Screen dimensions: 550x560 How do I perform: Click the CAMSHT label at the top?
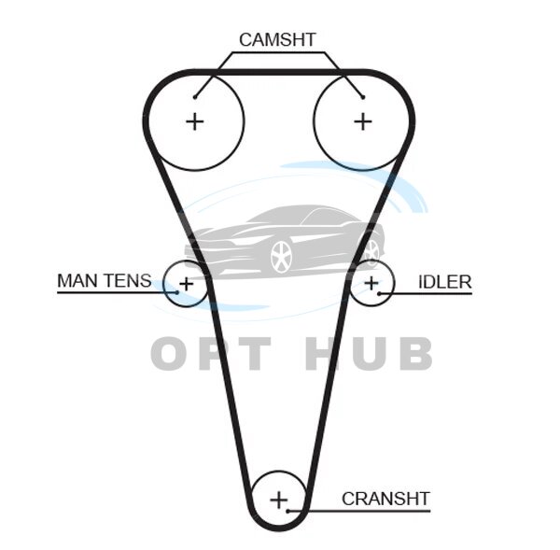[x=277, y=39]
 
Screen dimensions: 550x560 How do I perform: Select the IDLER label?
[x=445, y=282]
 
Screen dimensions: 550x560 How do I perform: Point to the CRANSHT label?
[x=385, y=498]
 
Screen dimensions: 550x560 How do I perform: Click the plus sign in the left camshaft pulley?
[x=195, y=120]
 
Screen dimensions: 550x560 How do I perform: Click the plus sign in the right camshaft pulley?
[x=362, y=120]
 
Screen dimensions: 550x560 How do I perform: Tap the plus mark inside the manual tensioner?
[x=186, y=282]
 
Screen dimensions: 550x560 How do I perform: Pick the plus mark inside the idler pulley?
[x=372, y=282]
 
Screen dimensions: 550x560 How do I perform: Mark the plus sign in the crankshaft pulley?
[x=278, y=500]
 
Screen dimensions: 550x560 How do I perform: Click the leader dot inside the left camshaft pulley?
[x=195, y=95]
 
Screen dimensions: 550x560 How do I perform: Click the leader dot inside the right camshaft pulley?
[x=362, y=95]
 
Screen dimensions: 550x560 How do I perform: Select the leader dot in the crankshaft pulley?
[x=290, y=510]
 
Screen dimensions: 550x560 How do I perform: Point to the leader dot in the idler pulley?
[x=382, y=293]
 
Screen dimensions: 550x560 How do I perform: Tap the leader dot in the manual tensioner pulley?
[x=175, y=292]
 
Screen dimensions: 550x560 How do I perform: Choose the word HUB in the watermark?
[x=369, y=354]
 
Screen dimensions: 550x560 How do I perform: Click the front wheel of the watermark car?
[x=281, y=256]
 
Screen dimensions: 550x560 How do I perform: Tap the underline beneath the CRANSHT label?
[x=373, y=511]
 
